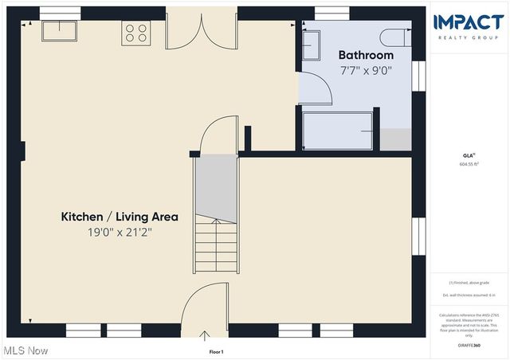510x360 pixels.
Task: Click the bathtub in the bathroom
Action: [x=339, y=130]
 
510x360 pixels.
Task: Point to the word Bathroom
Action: [x=366, y=55]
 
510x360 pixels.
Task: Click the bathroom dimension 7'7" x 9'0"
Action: [x=366, y=70]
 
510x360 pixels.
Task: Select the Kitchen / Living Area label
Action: [x=120, y=217]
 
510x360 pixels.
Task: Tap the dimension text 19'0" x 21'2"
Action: [x=120, y=233]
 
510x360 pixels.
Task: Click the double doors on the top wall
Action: [x=204, y=32]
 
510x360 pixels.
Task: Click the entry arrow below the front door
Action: [x=205, y=336]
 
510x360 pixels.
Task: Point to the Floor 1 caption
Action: [x=216, y=351]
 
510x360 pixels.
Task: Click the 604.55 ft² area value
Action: [x=469, y=164]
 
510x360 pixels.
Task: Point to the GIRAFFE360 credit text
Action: [x=469, y=346]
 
